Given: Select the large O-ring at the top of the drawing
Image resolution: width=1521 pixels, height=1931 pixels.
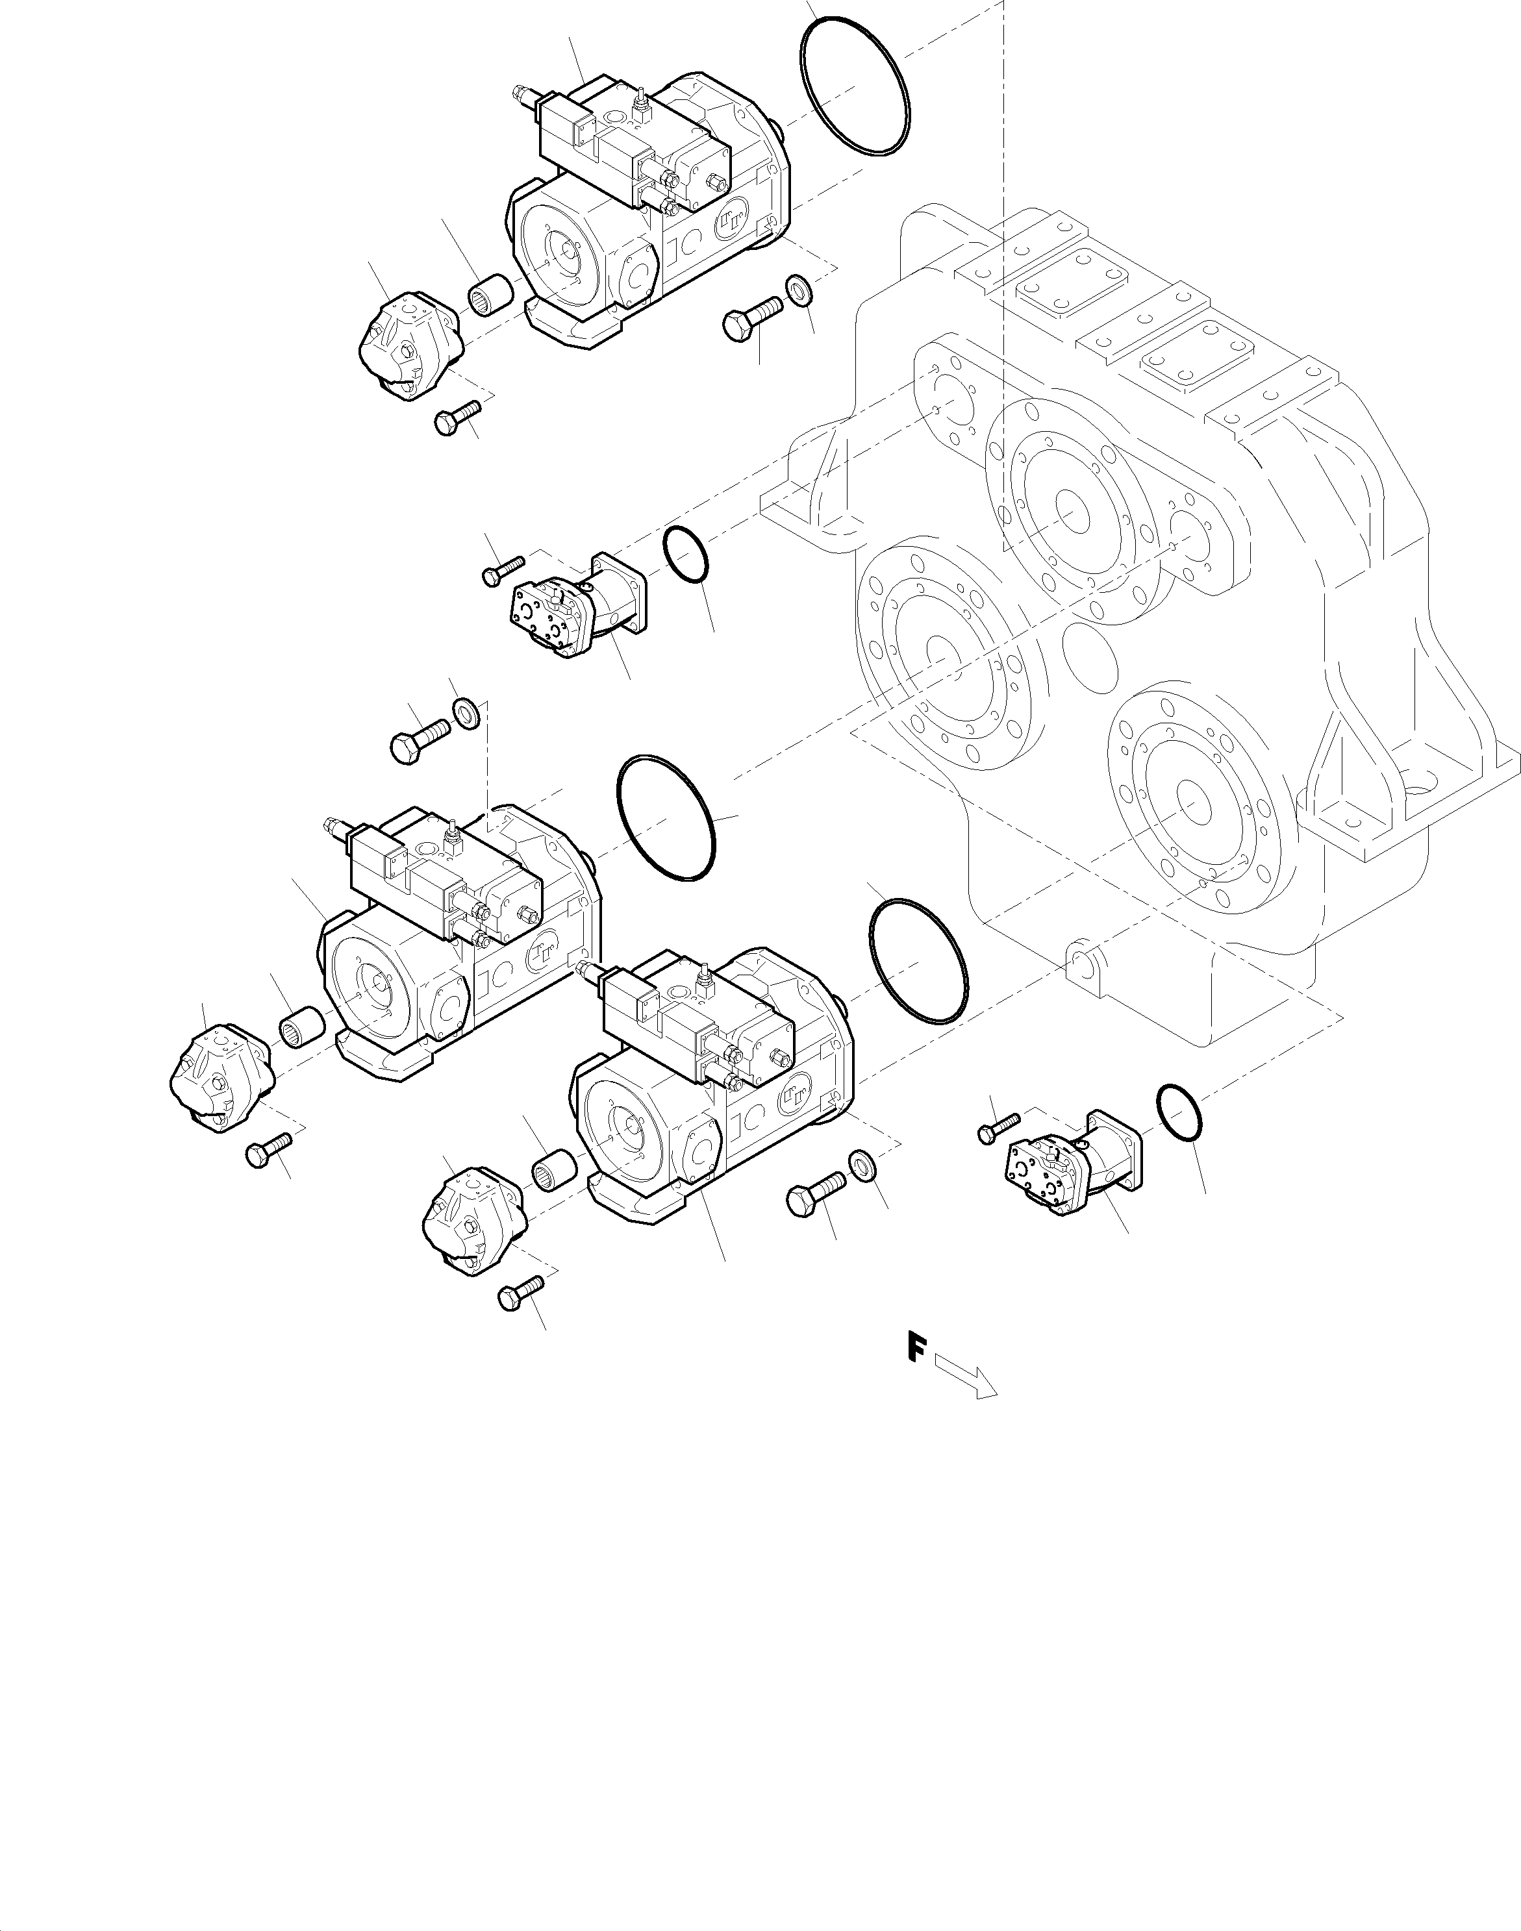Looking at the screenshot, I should click(855, 86).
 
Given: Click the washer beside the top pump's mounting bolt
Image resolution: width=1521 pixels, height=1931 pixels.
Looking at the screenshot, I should click(798, 290).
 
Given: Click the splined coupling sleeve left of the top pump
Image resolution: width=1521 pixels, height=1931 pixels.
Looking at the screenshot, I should click(490, 295).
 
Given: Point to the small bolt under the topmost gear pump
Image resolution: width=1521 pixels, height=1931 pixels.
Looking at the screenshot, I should click(457, 417).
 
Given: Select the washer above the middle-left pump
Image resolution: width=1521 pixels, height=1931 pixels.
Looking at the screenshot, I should click(466, 712).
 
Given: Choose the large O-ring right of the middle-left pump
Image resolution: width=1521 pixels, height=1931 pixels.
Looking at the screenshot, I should click(666, 817).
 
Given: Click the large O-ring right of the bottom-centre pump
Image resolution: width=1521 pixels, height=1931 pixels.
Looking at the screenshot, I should click(917, 962).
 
